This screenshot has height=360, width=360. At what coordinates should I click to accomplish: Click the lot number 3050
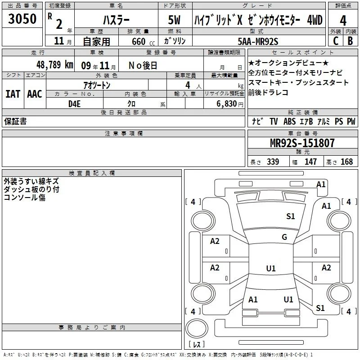pos(22,19)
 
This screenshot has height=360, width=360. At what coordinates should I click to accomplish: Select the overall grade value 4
pos(343,21)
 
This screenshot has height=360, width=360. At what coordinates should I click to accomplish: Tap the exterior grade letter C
pos(336,41)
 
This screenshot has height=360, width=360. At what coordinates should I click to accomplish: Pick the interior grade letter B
pos(351,41)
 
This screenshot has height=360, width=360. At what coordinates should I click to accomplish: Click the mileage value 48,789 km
pos(55,65)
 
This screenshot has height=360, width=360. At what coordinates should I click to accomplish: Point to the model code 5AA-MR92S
pos(258,41)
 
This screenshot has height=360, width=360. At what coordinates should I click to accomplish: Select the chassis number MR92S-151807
pos(302,143)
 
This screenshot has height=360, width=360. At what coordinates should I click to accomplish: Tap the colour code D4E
pos(74,104)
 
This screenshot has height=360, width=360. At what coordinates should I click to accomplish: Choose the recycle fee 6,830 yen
pos(230,104)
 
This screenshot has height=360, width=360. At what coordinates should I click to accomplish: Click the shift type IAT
pos(13,94)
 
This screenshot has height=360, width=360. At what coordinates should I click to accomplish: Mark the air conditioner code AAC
pos(35,94)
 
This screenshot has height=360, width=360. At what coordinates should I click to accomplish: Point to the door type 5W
pos(174,20)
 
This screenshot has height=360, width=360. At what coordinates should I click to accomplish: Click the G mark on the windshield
pos(284,237)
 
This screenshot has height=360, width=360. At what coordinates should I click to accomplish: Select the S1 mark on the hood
pos(290,216)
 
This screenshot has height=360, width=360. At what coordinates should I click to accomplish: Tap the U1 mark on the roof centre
pos(271,268)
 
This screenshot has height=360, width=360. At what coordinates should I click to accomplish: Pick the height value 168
pos(346,162)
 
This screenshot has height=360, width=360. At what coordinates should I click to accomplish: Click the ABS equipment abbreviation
pos(289,121)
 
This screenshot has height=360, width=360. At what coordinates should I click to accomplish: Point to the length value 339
pos(273,162)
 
